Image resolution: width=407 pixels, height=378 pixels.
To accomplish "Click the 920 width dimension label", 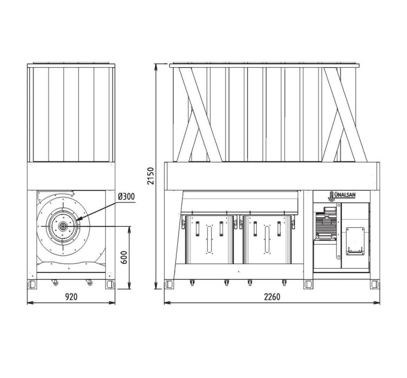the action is pyautogui.click(x=71, y=296).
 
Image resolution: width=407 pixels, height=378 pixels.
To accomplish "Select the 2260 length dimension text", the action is pyautogui.click(x=272, y=296).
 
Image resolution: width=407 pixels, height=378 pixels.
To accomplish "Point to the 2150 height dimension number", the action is pyautogui.click(x=151, y=176).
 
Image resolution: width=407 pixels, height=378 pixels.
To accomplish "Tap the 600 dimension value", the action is pyautogui.click(x=124, y=257).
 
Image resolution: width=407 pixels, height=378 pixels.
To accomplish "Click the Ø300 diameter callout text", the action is pyautogui.click(x=126, y=197).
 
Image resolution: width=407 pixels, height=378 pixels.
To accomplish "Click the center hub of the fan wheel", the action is pyautogui.click(x=63, y=227).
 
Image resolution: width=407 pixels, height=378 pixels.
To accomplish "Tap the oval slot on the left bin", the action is pyautogui.click(x=209, y=239).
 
